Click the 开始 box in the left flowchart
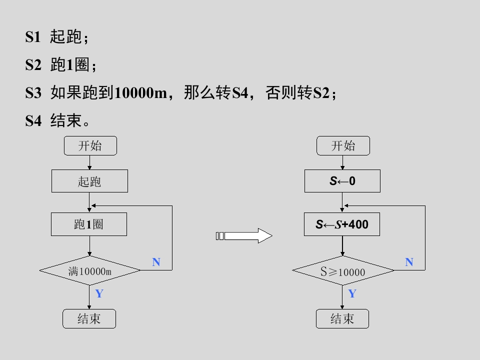(x=90, y=145)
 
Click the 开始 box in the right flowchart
(x=343, y=145)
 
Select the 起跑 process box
(x=89, y=181)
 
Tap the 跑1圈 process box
(x=89, y=224)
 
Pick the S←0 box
(x=342, y=181)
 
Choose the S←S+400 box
(x=342, y=224)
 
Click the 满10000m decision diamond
(x=90, y=270)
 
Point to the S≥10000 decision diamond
(x=343, y=270)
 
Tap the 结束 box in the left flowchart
(x=89, y=318)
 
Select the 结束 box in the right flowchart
(x=342, y=318)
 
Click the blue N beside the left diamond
(x=156, y=262)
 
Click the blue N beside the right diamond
(x=409, y=262)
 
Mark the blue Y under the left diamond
(x=99, y=293)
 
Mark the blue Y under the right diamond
(x=352, y=293)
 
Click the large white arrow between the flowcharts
(x=244, y=235)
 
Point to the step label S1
(x=33, y=37)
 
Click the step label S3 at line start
(x=33, y=93)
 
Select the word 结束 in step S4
(x=66, y=120)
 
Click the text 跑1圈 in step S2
(x=70, y=65)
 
